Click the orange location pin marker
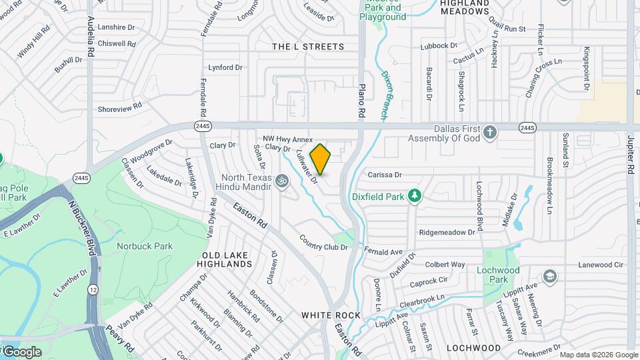point(321,159)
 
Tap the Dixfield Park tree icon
point(415,195)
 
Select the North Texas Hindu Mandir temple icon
point(282,179)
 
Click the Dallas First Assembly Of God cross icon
point(490,131)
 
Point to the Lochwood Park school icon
point(549,277)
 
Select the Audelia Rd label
point(91,37)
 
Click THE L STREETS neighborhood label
point(309,47)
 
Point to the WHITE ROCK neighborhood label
point(331,315)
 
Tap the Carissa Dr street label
point(385,175)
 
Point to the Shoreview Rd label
point(120,107)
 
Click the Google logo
point(21,351)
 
